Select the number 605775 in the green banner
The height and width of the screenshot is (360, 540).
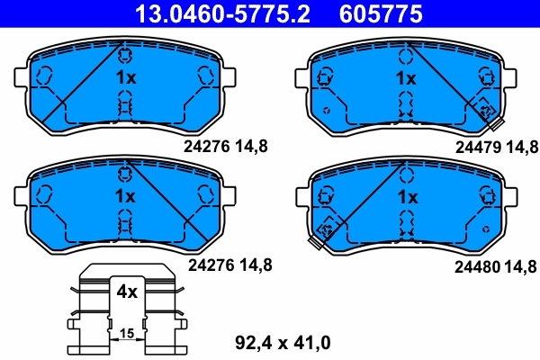tap(380, 13)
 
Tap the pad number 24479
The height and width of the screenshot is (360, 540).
tap(475, 145)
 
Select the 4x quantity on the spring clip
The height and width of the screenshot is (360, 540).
tap(125, 292)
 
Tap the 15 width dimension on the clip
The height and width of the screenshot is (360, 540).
tap(127, 334)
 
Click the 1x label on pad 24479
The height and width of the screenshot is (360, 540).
tap(407, 78)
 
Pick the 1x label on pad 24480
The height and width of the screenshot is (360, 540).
tap(407, 196)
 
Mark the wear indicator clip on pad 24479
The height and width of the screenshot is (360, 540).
tap(487, 111)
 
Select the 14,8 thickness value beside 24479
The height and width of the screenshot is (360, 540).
tap(522, 145)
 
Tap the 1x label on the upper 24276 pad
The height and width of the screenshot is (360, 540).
tap(126, 77)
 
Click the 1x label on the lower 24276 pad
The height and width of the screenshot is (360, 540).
tap(124, 196)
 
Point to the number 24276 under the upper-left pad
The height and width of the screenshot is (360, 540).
tap(210, 145)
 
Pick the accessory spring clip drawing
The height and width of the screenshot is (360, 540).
tap(126, 310)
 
